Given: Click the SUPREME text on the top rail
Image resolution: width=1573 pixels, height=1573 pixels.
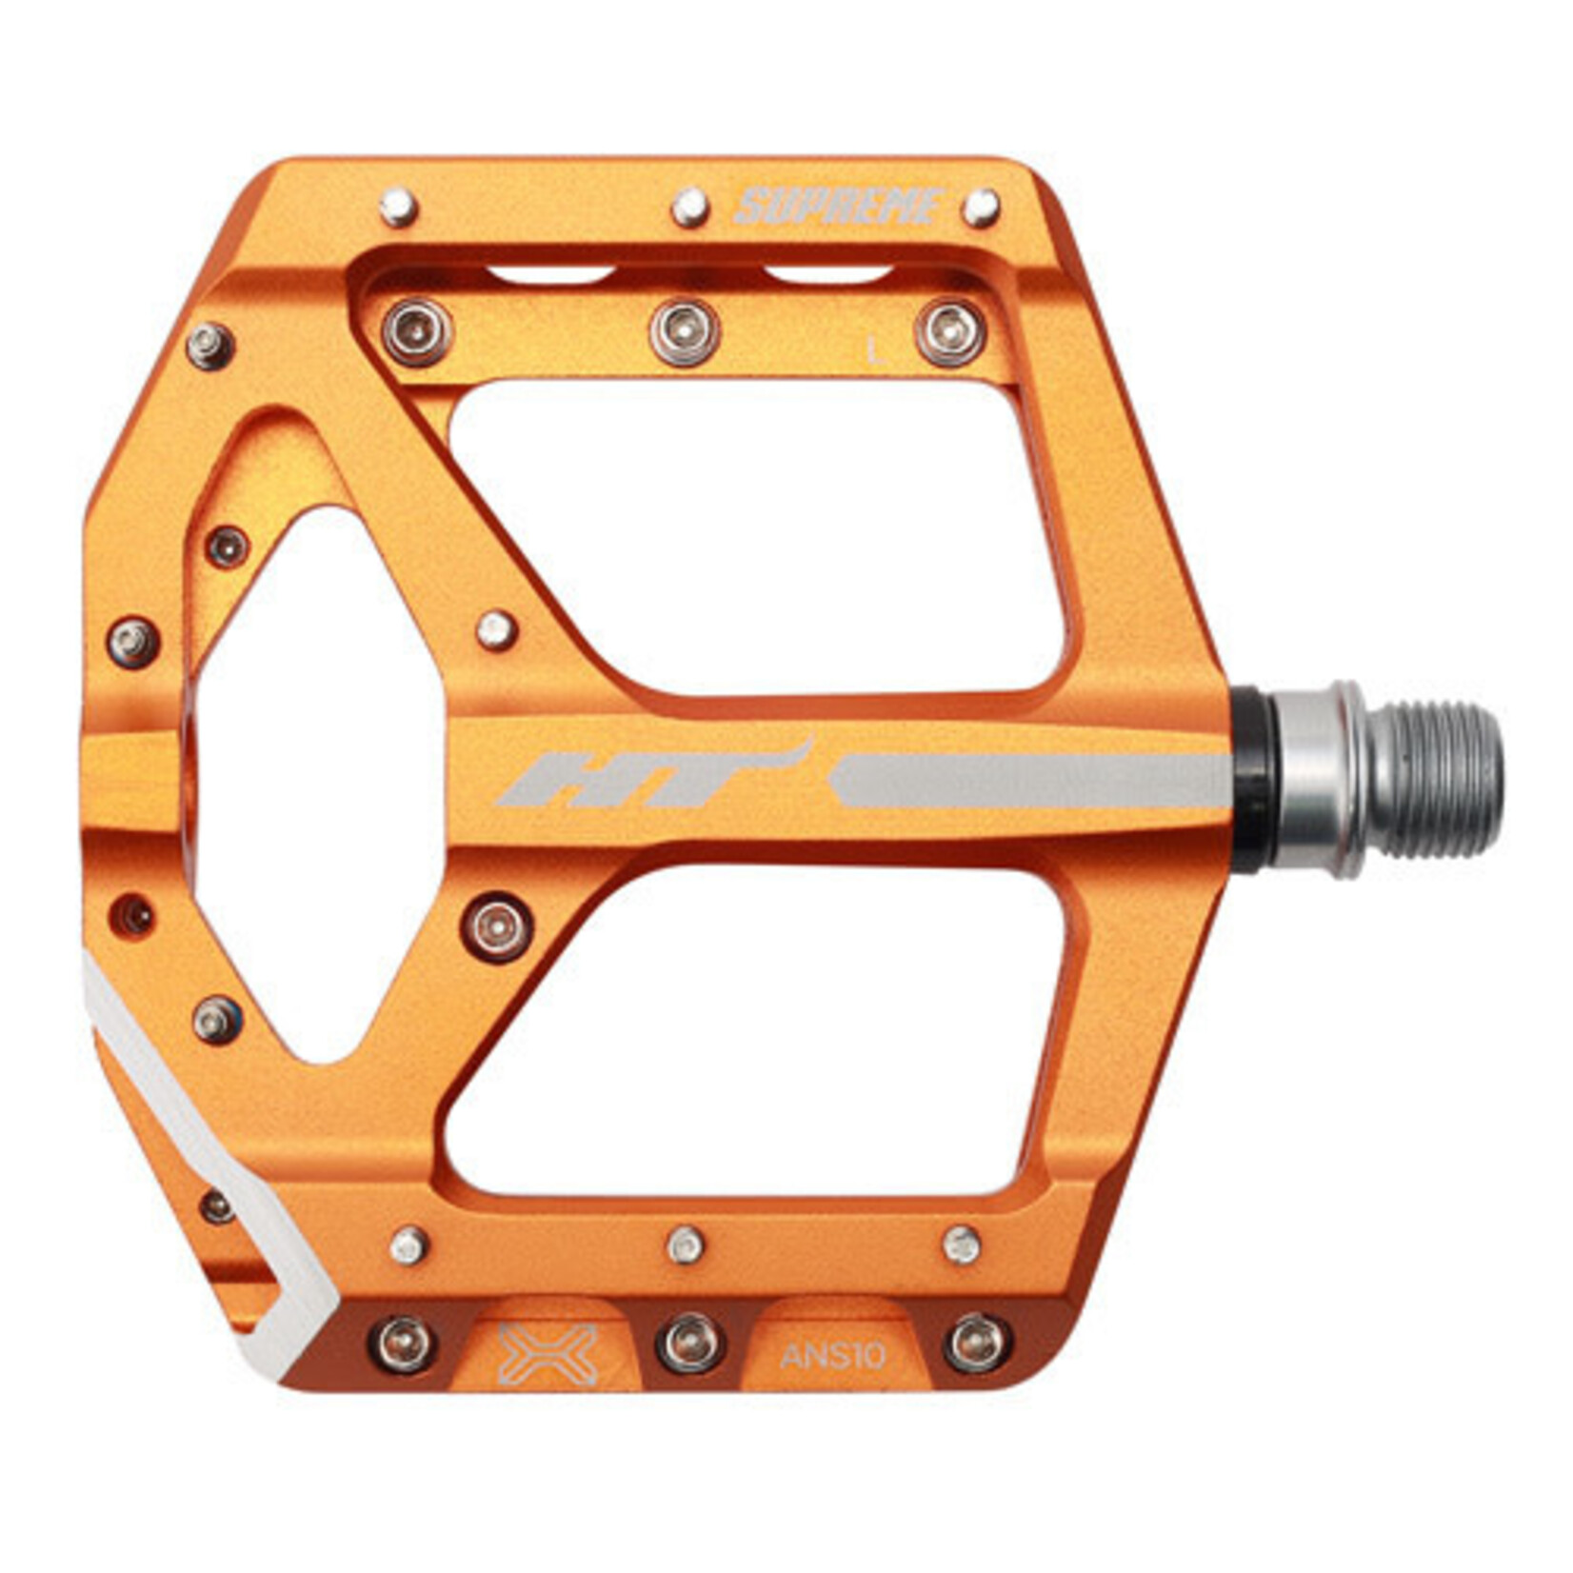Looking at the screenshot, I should click(838, 207).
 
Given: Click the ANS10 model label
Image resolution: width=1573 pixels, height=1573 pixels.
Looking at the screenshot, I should click(832, 1356).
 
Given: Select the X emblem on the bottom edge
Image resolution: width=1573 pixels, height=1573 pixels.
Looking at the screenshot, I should click(548, 1354).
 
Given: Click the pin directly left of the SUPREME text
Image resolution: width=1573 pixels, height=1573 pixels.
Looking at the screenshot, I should click(689, 207).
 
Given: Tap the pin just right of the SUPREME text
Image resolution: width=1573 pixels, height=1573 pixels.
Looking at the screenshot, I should click(981, 207).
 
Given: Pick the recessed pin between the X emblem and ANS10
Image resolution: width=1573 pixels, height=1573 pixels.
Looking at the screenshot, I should click(689, 1344).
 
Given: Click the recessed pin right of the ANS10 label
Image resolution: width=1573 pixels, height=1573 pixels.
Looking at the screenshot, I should click(977, 1344).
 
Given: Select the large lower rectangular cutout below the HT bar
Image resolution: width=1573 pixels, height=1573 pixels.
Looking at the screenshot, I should click(762, 1028).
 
